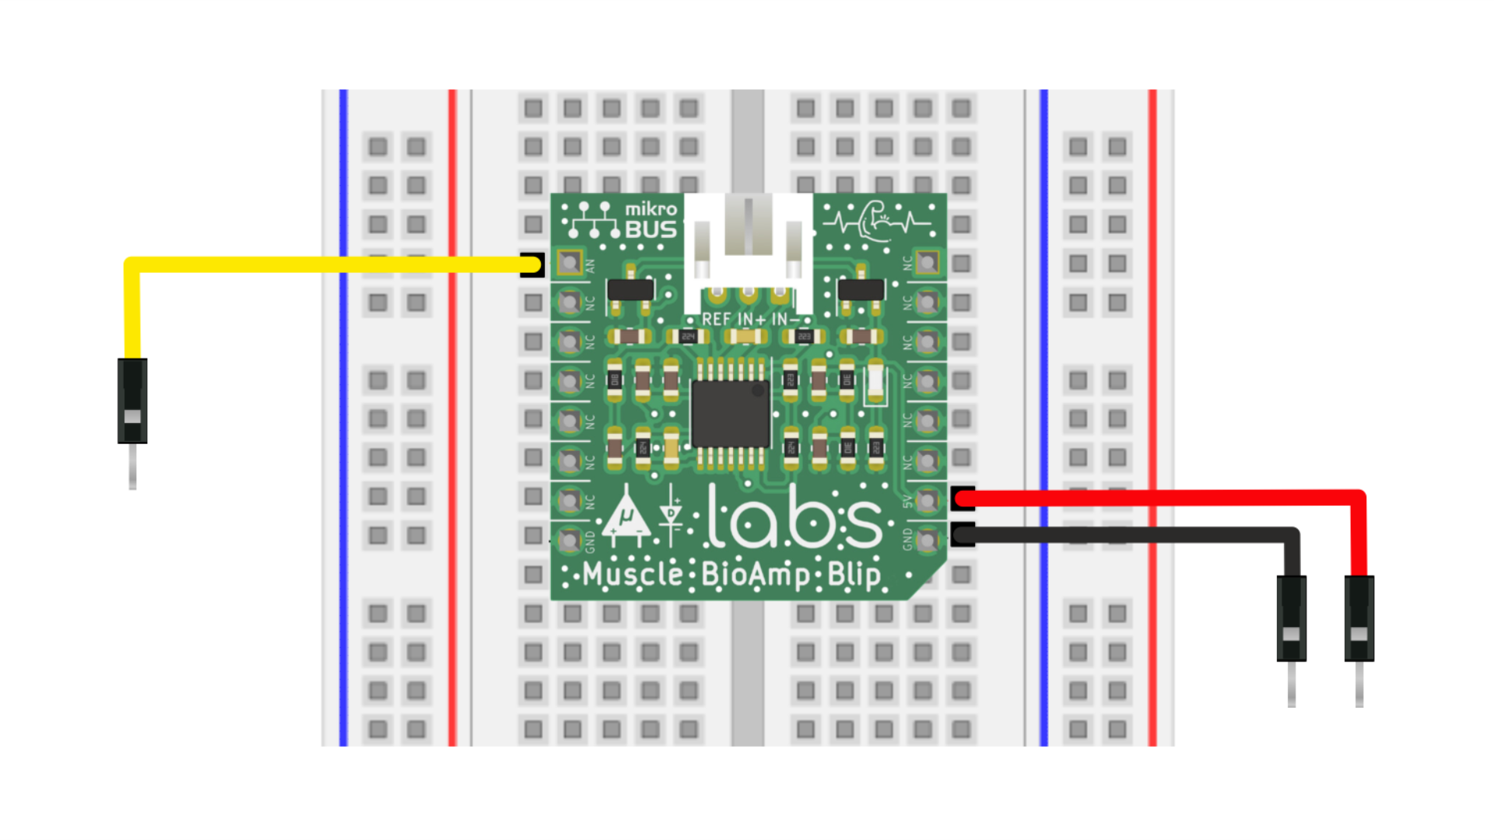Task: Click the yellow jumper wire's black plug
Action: coord(132,401)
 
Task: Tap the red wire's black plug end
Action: coord(1359,618)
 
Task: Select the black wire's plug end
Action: coord(1291,618)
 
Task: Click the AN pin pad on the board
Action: coord(570,263)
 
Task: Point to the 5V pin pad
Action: coord(927,500)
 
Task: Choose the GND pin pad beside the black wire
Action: coord(927,539)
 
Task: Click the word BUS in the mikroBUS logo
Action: coord(651,230)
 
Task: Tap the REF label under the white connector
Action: coord(716,320)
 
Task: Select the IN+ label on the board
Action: coord(751,320)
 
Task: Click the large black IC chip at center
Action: coord(730,413)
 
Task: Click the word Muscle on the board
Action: coord(632,575)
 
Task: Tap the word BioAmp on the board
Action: coord(755,575)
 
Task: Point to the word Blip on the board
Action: coord(854,575)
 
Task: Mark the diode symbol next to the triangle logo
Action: coord(670,515)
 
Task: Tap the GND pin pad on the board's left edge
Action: coord(570,539)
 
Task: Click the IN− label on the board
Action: coord(786,320)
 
